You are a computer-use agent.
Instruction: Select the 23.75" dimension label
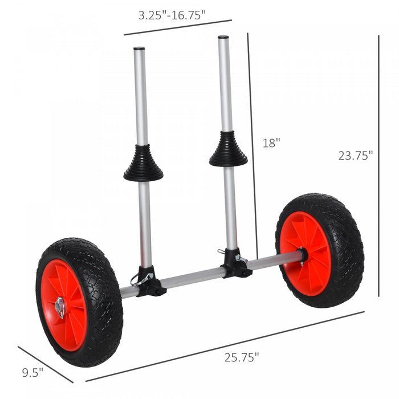[355, 155]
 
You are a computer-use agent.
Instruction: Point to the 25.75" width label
[241, 358]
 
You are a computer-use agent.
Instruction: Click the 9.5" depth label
[32, 373]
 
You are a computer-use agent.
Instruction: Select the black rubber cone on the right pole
[228, 150]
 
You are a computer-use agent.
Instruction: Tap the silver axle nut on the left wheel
[60, 307]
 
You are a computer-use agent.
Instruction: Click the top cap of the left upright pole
[139, 49]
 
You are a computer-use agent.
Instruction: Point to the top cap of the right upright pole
[223, 38]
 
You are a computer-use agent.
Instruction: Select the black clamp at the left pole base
[149, 282]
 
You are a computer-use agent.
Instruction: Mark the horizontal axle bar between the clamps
[194, 277]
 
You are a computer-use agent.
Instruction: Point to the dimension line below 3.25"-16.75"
[178, 27]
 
